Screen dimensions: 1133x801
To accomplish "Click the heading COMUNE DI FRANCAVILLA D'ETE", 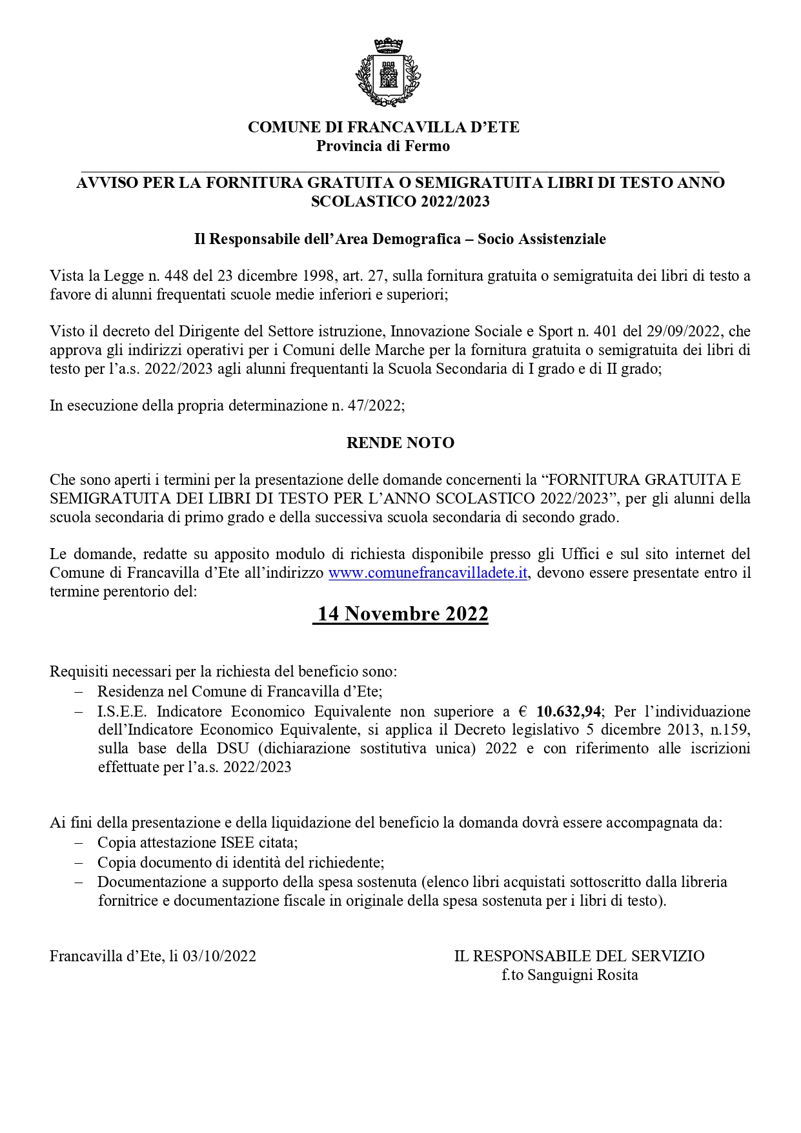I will pyautogui.click(x=383, y=127).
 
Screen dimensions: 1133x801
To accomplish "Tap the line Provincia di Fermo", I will pyautogui.click(x=383, y=146).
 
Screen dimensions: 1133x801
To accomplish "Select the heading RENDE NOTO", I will pyautogui.click(x=400, y=443).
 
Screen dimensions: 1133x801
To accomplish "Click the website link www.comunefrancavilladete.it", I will pyautogui.click(x=429, y=573).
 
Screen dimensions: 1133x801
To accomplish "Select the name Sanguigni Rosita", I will pyautogui.click(x=582, y=975).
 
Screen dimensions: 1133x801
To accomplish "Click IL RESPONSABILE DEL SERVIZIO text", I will pyautogui.click(x=579, y=956).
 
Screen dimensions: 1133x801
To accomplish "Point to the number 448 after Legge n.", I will pyautogui.click(x=177, y=276).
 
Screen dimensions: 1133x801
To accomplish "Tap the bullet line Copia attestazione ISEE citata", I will pyautogui.click(x=198, y=842).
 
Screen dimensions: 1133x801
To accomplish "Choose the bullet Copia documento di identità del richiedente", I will pyautogui.click(x=241, y=863).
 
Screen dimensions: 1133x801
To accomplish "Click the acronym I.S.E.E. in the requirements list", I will pyautogui.click(x=123, y=711).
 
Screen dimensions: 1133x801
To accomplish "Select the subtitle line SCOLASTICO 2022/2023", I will pyautogui.click(x=400, y=201).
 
